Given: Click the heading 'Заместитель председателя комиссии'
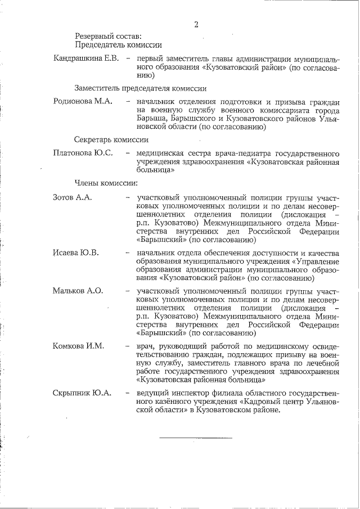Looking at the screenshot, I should (140, 88).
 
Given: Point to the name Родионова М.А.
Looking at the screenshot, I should (83, 102).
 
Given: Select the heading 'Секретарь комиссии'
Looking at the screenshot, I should (111, 139).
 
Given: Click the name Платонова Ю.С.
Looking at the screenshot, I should (83, 153).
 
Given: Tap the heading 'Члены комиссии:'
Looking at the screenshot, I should (106, 182).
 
